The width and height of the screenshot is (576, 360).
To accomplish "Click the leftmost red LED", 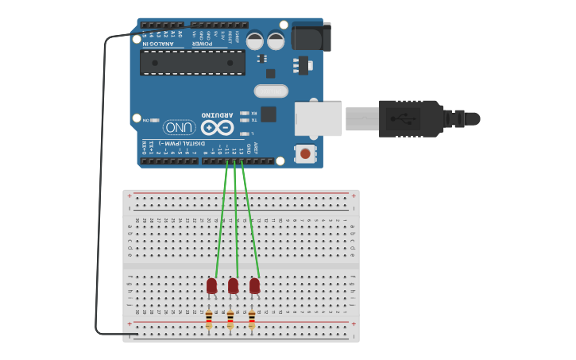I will tap(211, 285).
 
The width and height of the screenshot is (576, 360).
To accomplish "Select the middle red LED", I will tap(233, 285).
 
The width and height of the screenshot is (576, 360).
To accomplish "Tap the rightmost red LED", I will tap(254, 285).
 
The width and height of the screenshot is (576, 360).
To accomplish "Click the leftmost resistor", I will tap(209, 319).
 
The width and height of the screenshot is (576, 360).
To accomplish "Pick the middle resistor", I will tap(230, 319).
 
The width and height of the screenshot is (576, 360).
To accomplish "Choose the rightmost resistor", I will tap(252, 319).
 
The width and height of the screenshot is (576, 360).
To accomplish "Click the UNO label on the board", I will tap(180, 127).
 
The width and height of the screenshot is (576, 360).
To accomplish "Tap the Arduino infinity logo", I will tap(218, 127).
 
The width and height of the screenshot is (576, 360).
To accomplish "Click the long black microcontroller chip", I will tap(192, 62).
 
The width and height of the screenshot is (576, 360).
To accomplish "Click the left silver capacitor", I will tap(255, 41).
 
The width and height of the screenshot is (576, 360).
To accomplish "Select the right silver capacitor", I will tap(275, 41).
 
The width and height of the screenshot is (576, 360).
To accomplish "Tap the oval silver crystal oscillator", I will tap(271, 91).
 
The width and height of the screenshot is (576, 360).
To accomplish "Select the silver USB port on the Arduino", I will tap(318, 118).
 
